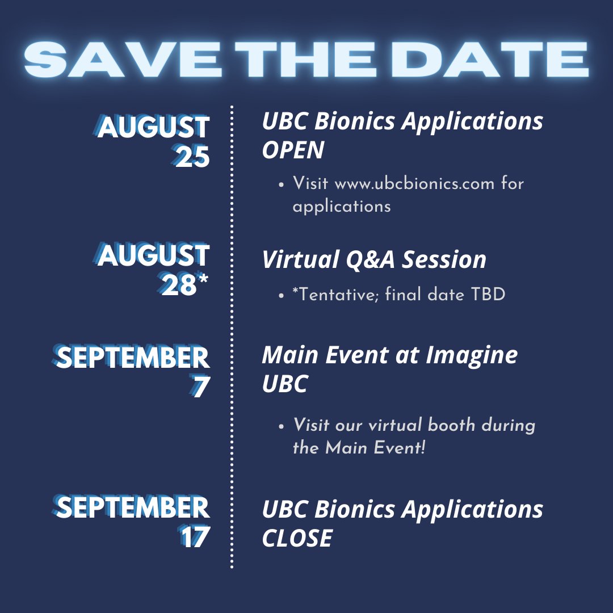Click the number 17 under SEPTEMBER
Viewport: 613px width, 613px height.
click(195, 538)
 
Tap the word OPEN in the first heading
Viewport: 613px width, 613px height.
click(293, 150)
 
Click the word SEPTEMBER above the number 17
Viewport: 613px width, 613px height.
click(133, 507)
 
